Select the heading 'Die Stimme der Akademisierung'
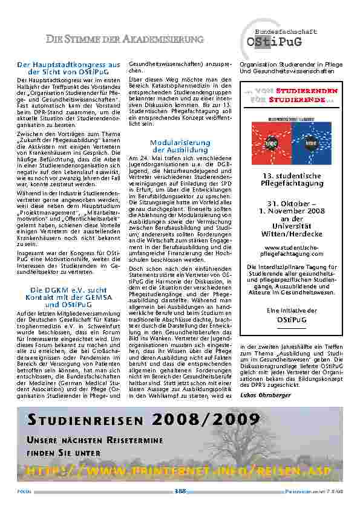pos(125,40)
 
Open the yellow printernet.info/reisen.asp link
pos(180,471)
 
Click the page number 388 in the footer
pos(180,491)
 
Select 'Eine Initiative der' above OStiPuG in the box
pos(287,310)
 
